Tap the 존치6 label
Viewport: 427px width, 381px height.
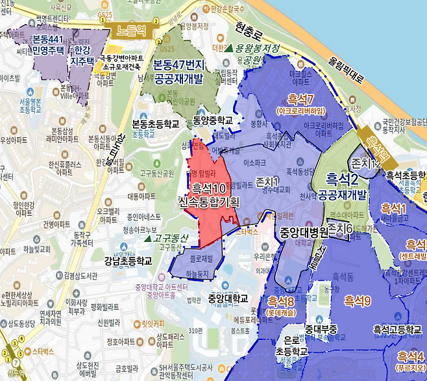coord(339,229)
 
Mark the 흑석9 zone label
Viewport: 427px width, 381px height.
coord(357,300)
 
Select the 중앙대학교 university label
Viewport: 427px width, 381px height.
coord(228,298)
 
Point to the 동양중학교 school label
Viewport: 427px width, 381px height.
coord(212,121)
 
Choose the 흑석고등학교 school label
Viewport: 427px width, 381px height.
coord(396,331)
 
